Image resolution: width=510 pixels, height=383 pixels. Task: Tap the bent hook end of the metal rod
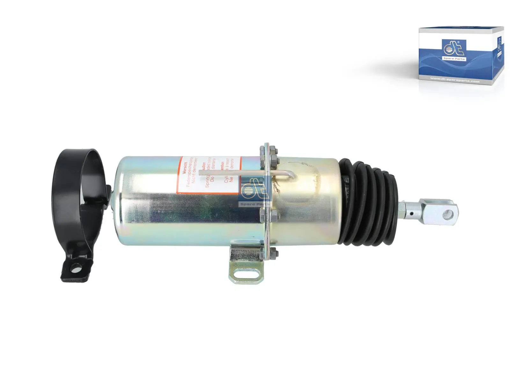[292, 175]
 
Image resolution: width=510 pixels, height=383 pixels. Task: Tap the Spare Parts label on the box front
[454, 59]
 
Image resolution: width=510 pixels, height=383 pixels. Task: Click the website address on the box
[455, 81]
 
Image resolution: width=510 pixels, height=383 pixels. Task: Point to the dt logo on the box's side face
[499, 41]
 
